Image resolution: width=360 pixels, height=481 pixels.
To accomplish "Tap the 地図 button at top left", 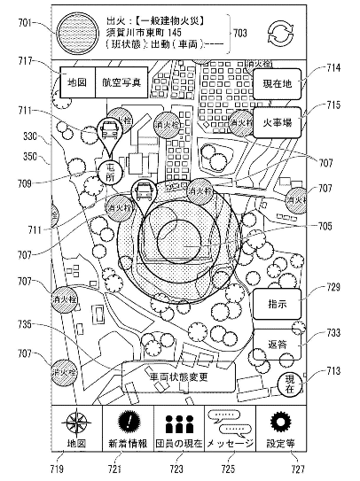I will (x=75, y=82).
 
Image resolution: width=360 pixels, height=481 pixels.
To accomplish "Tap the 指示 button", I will (x=276, y=304).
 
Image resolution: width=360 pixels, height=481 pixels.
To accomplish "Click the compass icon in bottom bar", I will (x=76, y=423).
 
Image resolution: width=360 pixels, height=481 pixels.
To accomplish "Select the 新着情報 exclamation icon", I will (x=129, y=422).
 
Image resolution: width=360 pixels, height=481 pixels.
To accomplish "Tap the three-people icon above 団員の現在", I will (x=180, y=422).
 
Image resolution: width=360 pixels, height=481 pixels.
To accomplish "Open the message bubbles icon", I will (x=230, y=422).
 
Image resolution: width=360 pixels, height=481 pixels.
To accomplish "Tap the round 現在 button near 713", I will (x=289, y=383).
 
